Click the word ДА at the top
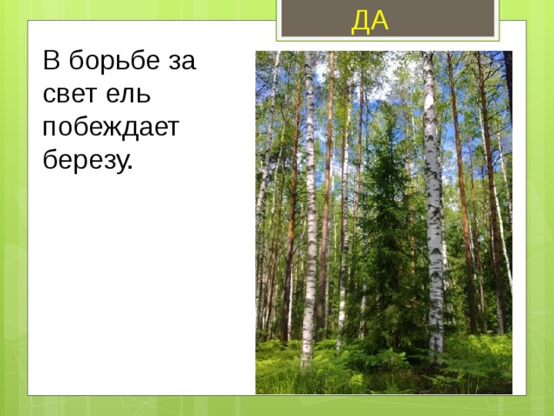pyautogui.click(x=370, y=20)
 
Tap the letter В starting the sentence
pyautogui.click(x=52, y=62)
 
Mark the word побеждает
pyautogui.click(x=110, y=127)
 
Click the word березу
pyautogui.click(x=86, y=160)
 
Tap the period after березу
pyautogui.click(x=131, y=166)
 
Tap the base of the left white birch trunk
pyautogui.click(x=306, y=355)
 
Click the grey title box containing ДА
pyautogui.click(x=387, y=18)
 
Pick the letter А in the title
pyautogui.click(x=379, y=20)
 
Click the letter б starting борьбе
pyautogui.click(x=77, y=62)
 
